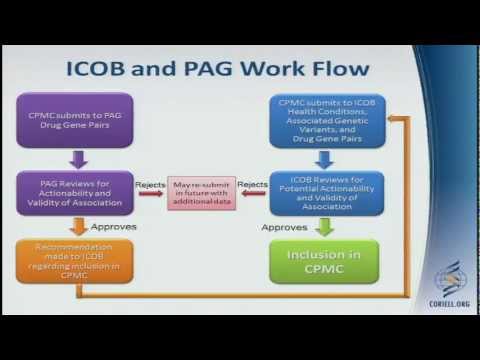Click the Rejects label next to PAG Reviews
click(x=152, y=183)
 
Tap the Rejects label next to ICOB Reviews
click(x=254, y=183)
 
